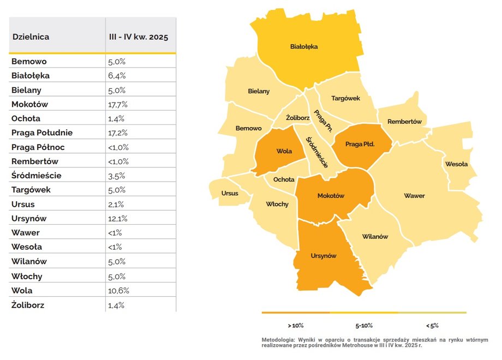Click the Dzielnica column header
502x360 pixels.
31,37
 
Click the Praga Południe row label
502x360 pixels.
42,133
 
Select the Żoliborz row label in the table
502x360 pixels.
28,304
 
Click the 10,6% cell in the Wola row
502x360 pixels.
118,290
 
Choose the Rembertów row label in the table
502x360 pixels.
34,161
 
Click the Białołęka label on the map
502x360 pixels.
304,46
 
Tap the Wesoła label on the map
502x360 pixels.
456,164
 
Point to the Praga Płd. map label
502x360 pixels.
360,145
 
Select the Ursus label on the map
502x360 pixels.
230,193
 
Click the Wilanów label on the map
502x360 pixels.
375,237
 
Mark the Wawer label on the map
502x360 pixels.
414,195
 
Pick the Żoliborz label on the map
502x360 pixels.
298,117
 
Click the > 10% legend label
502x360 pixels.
295,325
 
